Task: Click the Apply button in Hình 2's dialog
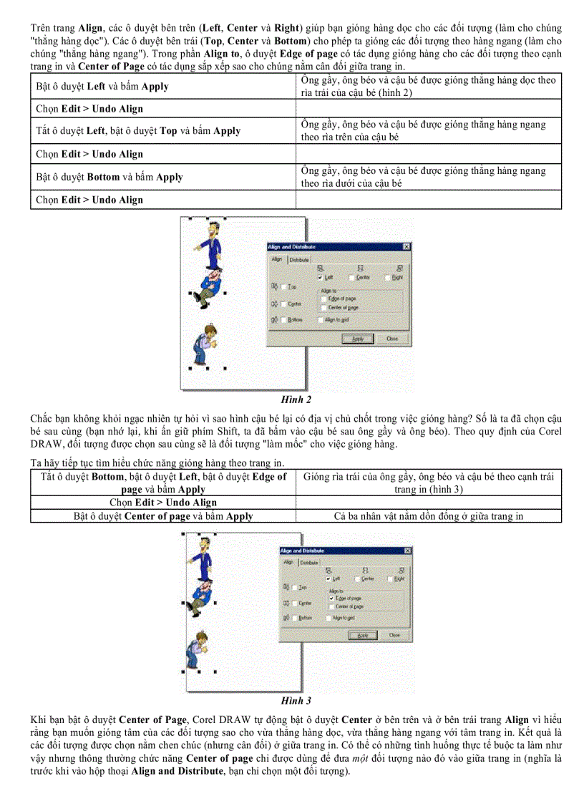coord(359,339)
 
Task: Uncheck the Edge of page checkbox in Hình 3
coord(331,597)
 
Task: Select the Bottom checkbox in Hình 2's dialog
coord(284,320)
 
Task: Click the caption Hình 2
coord(295,399)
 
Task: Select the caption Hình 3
coord(295,700)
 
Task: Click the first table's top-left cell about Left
coord(162,86)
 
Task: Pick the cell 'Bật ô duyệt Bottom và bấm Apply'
coord(162,177)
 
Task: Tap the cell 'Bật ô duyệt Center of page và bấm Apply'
coord(162,515)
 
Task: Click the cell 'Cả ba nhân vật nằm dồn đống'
coord(428,515)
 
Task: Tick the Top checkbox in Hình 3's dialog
coord(294,587)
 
